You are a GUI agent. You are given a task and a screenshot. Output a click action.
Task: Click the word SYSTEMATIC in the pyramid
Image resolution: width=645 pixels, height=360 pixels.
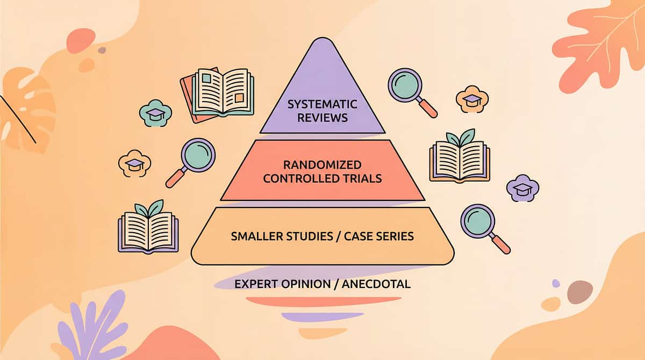pos(322,104)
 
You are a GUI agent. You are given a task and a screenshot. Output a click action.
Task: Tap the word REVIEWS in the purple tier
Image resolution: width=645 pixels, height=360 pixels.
pos(322,118)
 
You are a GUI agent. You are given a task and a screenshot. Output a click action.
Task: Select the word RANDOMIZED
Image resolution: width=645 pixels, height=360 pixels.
pos(322,165)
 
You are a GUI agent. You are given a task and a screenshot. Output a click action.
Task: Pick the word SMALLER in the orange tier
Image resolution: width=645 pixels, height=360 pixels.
pos(257,236)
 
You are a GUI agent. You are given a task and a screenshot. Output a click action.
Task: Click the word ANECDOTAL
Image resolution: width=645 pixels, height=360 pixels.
pos(376,284)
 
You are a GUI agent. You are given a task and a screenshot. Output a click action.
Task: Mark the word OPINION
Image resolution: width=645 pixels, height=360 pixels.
pos(306,284)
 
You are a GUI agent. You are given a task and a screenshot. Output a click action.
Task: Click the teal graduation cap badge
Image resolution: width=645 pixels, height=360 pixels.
pos(155,113)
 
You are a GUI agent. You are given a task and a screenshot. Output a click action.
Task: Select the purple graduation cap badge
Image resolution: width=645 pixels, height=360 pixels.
pos(522,188)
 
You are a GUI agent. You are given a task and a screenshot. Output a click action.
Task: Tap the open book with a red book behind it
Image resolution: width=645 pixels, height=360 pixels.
pos(217,95)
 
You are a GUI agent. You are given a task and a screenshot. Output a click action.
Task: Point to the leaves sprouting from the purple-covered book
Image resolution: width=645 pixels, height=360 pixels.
pos(149,208)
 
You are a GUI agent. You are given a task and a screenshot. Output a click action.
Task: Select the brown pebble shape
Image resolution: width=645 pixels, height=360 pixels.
pos(580,292)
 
